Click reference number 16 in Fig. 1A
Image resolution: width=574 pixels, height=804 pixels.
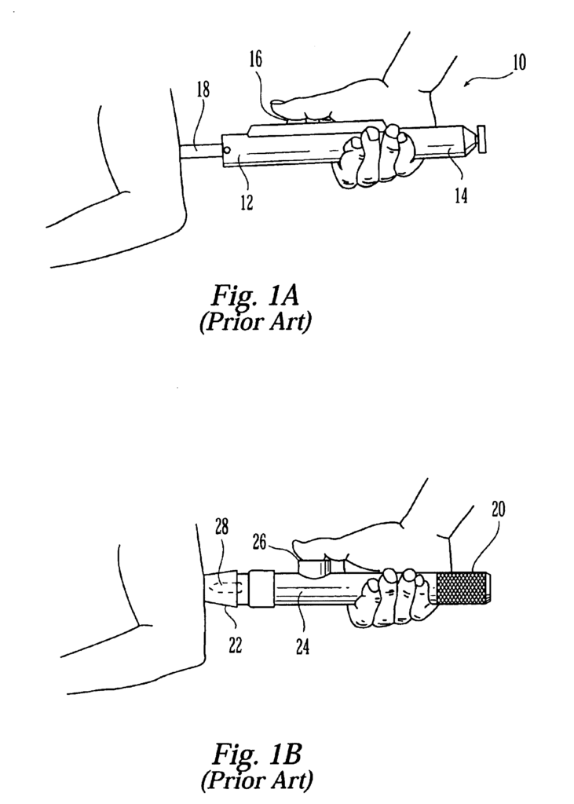[x=255, y=60]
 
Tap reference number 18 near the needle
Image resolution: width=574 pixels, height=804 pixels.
[x=203, y=90]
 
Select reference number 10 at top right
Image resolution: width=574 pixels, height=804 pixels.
[x=519, y=63]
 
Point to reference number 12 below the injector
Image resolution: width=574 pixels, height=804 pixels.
[x=247, y=202]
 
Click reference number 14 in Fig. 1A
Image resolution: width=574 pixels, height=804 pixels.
[x=461, y=196]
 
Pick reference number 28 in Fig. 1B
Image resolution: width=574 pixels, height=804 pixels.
[x=221, y=528]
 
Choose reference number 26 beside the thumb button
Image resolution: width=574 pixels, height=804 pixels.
[x=260, y=542]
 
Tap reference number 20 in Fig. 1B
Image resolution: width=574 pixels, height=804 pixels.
[x=498, y=509]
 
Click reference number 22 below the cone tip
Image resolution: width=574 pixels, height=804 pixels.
[x=235, y=647]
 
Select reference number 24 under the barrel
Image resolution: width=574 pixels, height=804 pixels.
[x=302, y=648]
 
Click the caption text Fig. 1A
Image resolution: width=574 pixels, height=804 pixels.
[x=254, y=296]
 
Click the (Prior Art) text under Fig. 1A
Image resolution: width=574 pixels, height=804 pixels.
[x=255, y=323]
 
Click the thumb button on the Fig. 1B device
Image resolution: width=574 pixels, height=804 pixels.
[x=314, y=567]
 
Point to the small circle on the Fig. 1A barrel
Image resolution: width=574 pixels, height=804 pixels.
[x=228, y=151]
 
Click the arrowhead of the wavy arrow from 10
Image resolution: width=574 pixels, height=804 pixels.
[x=466, y=85]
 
